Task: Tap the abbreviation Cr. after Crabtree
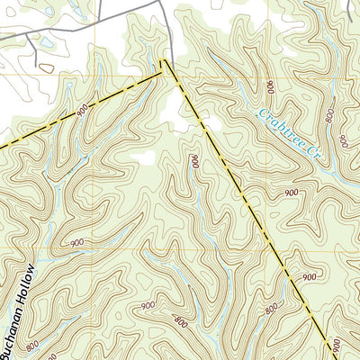(313, 153)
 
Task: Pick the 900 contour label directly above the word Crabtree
(270, 86)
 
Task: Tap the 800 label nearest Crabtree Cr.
(332, 116)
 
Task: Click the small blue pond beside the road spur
(43, 42)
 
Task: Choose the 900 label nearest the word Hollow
(77, 243)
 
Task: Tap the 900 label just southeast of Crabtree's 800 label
(343, 139)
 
